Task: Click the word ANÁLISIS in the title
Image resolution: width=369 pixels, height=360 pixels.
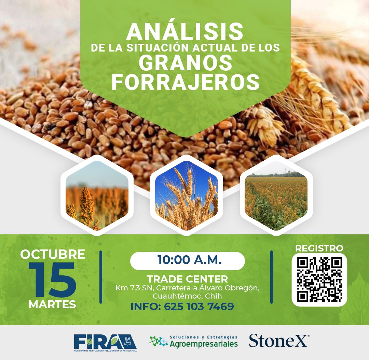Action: point(185,32)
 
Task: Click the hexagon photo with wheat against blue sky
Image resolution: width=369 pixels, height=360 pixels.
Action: point(186,195)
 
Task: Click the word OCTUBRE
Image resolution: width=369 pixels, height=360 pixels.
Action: point(53,254)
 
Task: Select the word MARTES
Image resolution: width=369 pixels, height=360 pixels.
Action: point(52,304)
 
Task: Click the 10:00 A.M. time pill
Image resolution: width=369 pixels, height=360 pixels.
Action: point(187,260)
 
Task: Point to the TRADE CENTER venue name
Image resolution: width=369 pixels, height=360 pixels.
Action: point(187,279)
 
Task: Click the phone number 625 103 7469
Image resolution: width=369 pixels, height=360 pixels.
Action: point(199,306)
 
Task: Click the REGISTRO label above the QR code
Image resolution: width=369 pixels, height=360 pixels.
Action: point(319,248)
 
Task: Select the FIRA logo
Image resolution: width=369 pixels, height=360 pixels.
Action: point(105,342)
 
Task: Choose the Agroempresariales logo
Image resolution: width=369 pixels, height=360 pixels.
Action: point(193,342)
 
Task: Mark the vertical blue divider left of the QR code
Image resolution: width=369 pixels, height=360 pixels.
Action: point(272,277)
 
